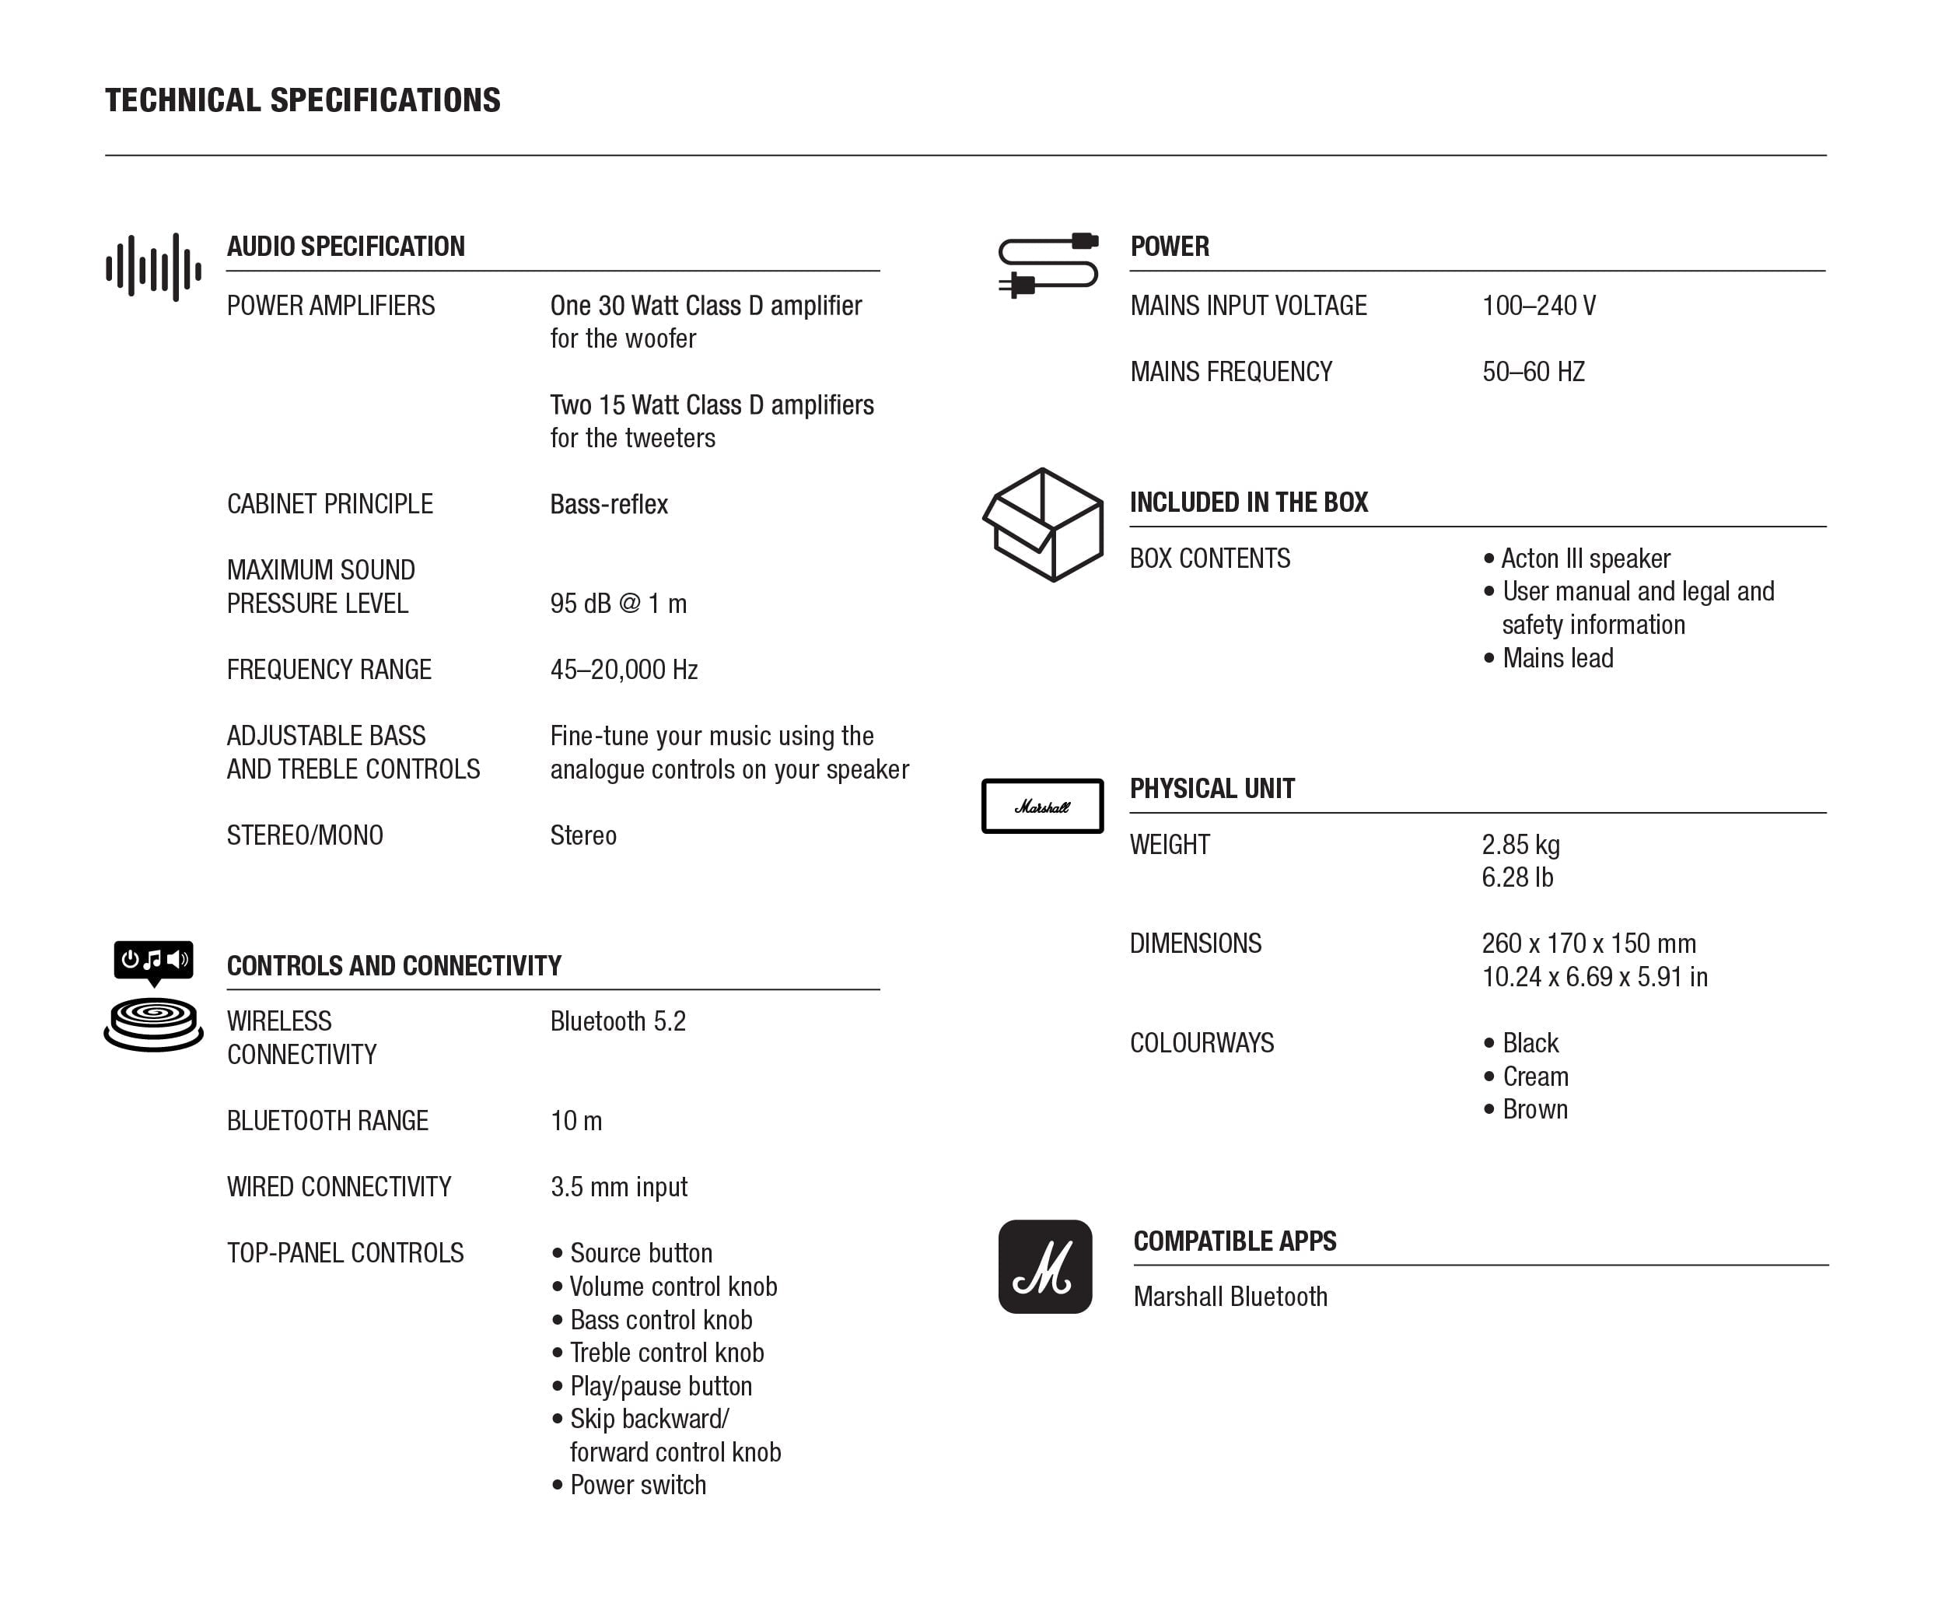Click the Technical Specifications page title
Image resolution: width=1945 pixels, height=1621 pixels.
302,100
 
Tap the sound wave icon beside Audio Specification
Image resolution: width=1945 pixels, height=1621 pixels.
154,268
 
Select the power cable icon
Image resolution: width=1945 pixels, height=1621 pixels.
1048,265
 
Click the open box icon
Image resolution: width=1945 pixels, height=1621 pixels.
1043,524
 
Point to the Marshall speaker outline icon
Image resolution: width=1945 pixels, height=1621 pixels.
1042,806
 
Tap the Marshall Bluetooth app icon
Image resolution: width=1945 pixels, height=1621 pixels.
1044,1266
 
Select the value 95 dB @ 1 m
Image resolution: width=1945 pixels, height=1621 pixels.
617,604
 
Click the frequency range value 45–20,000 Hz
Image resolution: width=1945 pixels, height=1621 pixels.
624,670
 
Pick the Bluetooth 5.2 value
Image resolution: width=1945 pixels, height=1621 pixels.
617,1022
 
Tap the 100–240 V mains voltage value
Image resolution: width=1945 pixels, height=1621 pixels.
1538,306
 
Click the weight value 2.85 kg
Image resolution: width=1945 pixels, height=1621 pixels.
1520,845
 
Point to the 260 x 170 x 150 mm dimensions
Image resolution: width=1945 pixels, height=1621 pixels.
1588,944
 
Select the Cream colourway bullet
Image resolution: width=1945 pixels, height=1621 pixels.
1534,1077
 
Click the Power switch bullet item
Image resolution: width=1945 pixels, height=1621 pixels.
637,1485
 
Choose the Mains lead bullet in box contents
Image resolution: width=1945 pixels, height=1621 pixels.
1557,658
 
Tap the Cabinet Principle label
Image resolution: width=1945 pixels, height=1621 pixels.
330,504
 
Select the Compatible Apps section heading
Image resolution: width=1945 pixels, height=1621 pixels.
1235,1241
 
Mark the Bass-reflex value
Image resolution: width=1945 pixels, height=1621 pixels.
608,504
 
